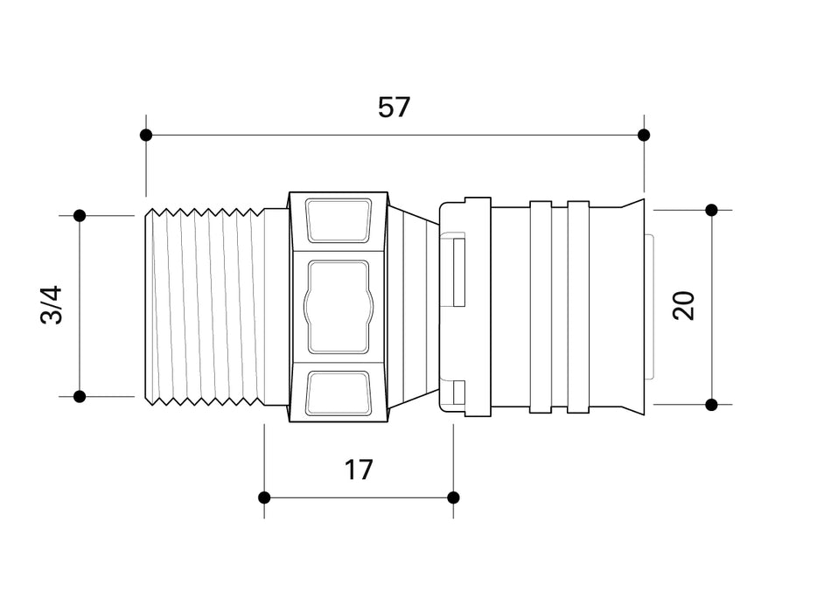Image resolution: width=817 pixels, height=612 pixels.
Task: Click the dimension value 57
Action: [x=394, y=108]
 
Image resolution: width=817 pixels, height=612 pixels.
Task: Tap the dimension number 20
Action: [x=684, y=306]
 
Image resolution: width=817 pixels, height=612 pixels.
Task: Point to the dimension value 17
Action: [x=359, y=469]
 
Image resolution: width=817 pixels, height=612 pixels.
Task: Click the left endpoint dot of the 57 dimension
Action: [x=146, y=136]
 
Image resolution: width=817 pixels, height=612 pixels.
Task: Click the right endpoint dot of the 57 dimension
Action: [x=644, y=136]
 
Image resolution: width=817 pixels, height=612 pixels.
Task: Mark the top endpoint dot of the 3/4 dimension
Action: [x=80, y=215]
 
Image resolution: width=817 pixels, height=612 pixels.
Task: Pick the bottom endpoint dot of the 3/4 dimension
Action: [x=80, y=397]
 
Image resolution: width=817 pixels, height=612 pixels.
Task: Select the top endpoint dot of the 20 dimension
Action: [x=712, y=210]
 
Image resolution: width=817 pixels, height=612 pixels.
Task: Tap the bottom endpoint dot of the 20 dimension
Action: [x=712, y=404]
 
